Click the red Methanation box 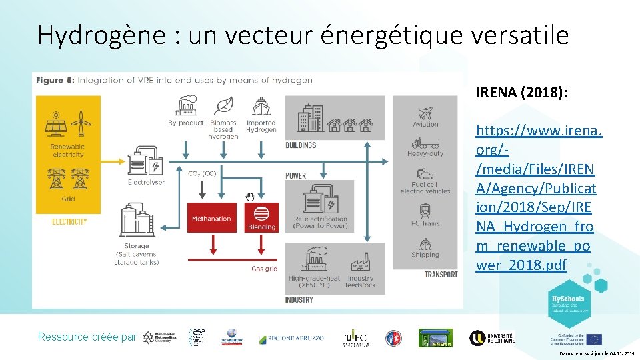pos(211,218)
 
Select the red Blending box pos(261,217)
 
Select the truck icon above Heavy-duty pos(425,143)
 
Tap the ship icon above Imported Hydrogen pos(261,107)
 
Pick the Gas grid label pos(264,269)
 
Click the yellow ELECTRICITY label pos(69,222)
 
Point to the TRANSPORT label pos(441,274)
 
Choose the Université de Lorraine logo pos(491,337)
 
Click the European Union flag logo pos(593,339)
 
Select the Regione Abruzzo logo pos(291,338)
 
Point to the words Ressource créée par pos(87,337)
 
